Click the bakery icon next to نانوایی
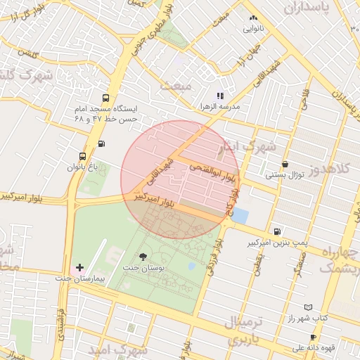254,18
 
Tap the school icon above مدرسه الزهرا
220,96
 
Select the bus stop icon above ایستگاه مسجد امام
105,99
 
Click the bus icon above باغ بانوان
83,156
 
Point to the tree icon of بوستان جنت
143,257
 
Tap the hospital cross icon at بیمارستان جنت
79,268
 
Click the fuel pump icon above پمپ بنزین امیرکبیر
278,231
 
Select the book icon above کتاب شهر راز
307,307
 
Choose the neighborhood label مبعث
176,86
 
